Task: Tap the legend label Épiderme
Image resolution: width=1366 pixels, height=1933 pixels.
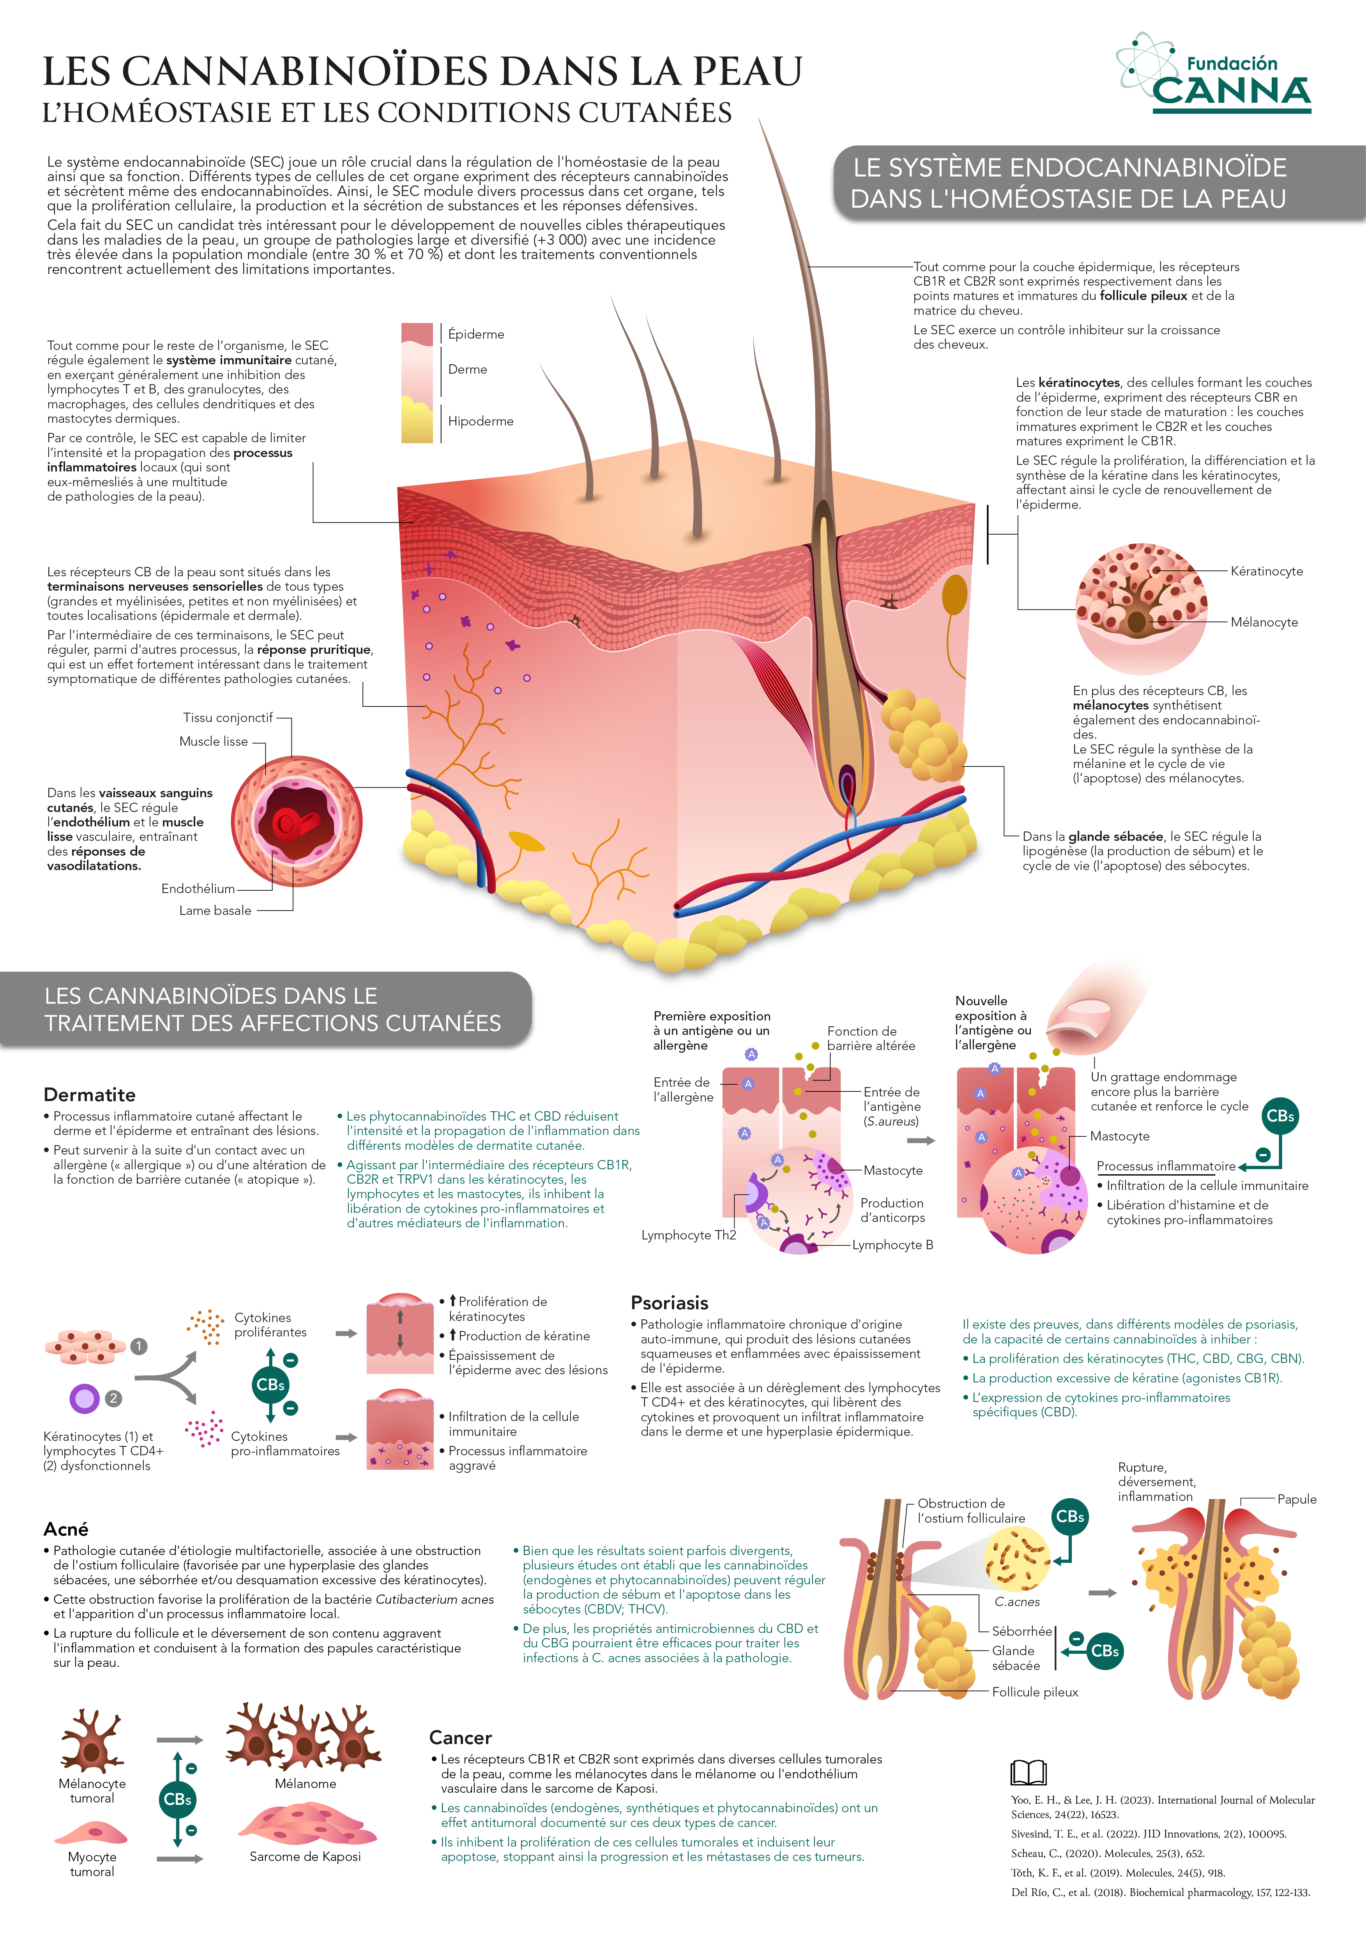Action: click(x=476, y=334)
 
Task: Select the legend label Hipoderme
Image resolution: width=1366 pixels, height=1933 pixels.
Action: click(x=480, y=421)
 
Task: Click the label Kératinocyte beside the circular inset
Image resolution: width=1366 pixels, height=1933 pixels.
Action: click(x=1266, y=571)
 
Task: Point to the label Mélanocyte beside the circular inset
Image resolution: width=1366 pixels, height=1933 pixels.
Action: click(x=1264, y=622)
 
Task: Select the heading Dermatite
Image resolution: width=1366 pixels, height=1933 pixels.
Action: click(x=89, y=1094)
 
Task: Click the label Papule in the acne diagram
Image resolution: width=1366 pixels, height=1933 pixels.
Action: click(x=1297, y=1499)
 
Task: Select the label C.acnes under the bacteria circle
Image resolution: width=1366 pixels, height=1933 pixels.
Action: click(x=1016, y=1602)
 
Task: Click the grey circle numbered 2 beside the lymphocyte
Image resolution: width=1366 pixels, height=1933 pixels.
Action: click(x=113, y=1398)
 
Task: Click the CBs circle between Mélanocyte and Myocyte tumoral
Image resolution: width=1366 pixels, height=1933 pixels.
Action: click(x=178, y=1799)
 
